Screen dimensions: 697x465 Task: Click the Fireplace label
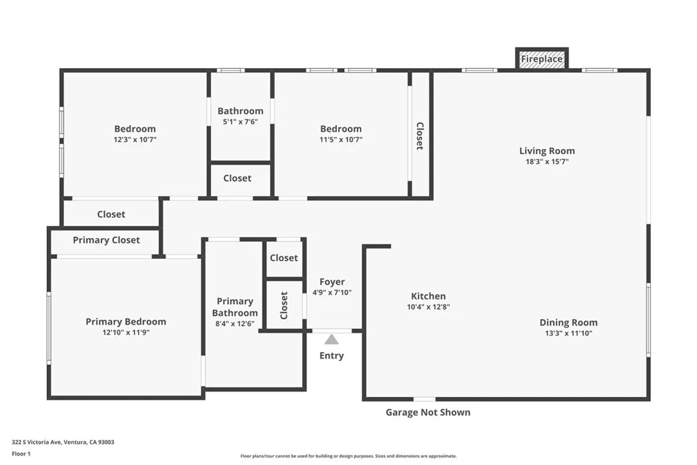coord(541,59)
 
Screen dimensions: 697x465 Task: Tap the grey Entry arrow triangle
coord(331,340)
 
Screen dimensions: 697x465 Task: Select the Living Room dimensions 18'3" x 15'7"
coord(547,162)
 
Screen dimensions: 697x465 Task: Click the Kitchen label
coord(428,296)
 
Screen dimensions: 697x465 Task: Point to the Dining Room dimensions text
coord(568,334)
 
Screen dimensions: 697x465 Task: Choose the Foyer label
coord(332,282)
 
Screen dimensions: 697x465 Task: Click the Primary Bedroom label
coord(126,322)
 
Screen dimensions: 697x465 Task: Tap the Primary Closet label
coord(106,240)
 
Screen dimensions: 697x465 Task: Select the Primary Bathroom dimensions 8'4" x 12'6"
coord(235,323)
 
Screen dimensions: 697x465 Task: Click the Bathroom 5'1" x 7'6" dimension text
coord(240,122)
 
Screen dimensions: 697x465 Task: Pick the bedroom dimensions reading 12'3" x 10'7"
coord(135,140)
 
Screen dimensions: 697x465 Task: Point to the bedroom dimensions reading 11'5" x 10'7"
coord(341,140)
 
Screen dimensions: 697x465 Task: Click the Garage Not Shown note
coord(427,413)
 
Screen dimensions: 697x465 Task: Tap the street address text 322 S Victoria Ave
coord(37,442)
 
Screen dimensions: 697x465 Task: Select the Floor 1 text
coord(21,454)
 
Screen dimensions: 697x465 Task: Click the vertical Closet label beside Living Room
coord(419,136)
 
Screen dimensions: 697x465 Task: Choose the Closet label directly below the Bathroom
coord(238,178)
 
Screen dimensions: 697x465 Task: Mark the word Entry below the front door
coord(331,355)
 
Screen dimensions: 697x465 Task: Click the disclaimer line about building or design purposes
coord(348,456)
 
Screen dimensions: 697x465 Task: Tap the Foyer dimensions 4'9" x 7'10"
coord(332,293)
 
